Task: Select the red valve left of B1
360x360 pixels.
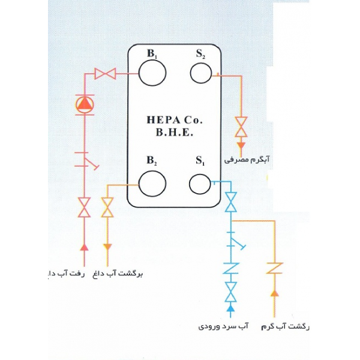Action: pyautogui.click(x=105, y=74)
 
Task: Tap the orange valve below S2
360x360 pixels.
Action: pyautogui.click(x=241, y=127)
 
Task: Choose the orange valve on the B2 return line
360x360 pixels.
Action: pyautogui.click(x=107, y=208)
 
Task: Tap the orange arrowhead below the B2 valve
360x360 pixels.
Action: pyautogui.click(x=107, y=247)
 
